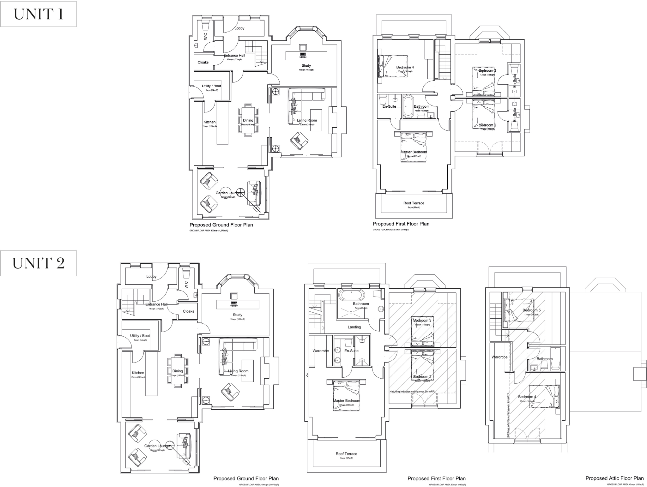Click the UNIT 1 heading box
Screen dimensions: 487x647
point(38,14)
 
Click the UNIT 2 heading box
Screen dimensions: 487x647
point(38,263)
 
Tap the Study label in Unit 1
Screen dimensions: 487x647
point(306,66)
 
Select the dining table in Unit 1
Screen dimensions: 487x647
point(248,120)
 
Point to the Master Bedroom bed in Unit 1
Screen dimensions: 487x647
point(414,147)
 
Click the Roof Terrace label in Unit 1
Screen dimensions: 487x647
point(414,203)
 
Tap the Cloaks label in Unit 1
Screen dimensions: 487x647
point(203,62)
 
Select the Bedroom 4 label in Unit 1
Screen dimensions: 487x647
point(405,67)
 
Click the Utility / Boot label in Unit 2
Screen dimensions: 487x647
point(140,335)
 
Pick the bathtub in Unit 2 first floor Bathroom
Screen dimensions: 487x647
point(351,295)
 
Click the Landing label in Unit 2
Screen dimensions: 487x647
point(354,327)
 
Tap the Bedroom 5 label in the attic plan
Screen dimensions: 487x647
point(531,310)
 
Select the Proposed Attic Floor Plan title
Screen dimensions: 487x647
point(614,478)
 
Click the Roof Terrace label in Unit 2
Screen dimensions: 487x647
point(346,454)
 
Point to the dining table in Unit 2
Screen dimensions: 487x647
point(178,371)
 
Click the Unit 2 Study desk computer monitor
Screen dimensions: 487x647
point(234,303)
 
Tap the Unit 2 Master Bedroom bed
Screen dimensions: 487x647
point(346,395)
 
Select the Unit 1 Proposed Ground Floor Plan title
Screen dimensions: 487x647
point(221,225)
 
